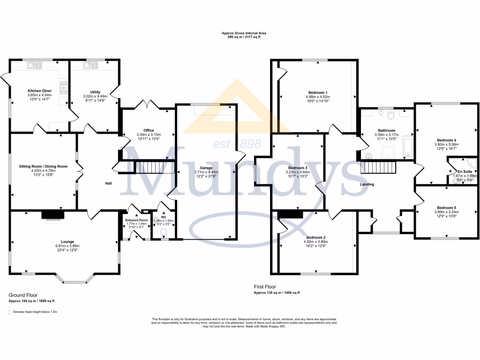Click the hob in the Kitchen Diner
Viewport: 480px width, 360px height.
coord(63,88)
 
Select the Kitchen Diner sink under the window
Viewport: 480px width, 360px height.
coord(34,66)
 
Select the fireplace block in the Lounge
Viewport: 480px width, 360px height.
coord(52,215)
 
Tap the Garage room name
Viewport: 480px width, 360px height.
coord(206,167)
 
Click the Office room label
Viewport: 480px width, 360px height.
coord(149,130)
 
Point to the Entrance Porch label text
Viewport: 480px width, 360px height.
coord(136,220)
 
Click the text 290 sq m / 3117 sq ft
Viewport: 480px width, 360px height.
coord(240,37)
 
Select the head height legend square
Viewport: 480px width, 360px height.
coord(10,311)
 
